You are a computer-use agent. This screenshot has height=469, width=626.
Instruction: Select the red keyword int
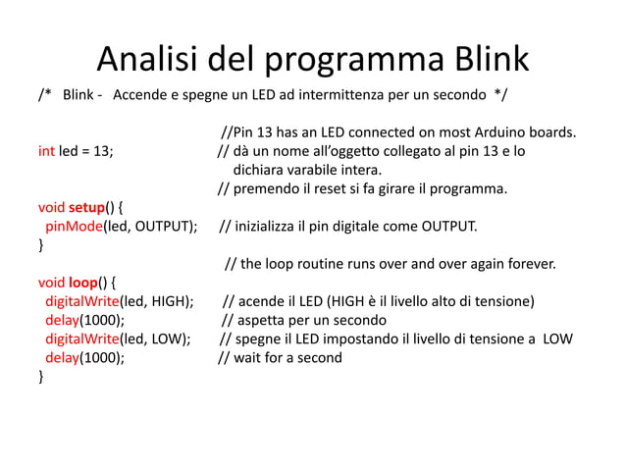(x=46, y=152)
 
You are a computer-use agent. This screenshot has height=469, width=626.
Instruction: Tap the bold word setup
(x=87, y=209)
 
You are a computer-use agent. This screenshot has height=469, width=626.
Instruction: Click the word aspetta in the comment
(x=261, y=321)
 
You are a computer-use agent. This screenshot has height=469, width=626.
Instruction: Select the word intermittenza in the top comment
(x=350, y=96)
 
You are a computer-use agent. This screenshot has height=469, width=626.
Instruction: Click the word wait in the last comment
(x=248, y=358)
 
